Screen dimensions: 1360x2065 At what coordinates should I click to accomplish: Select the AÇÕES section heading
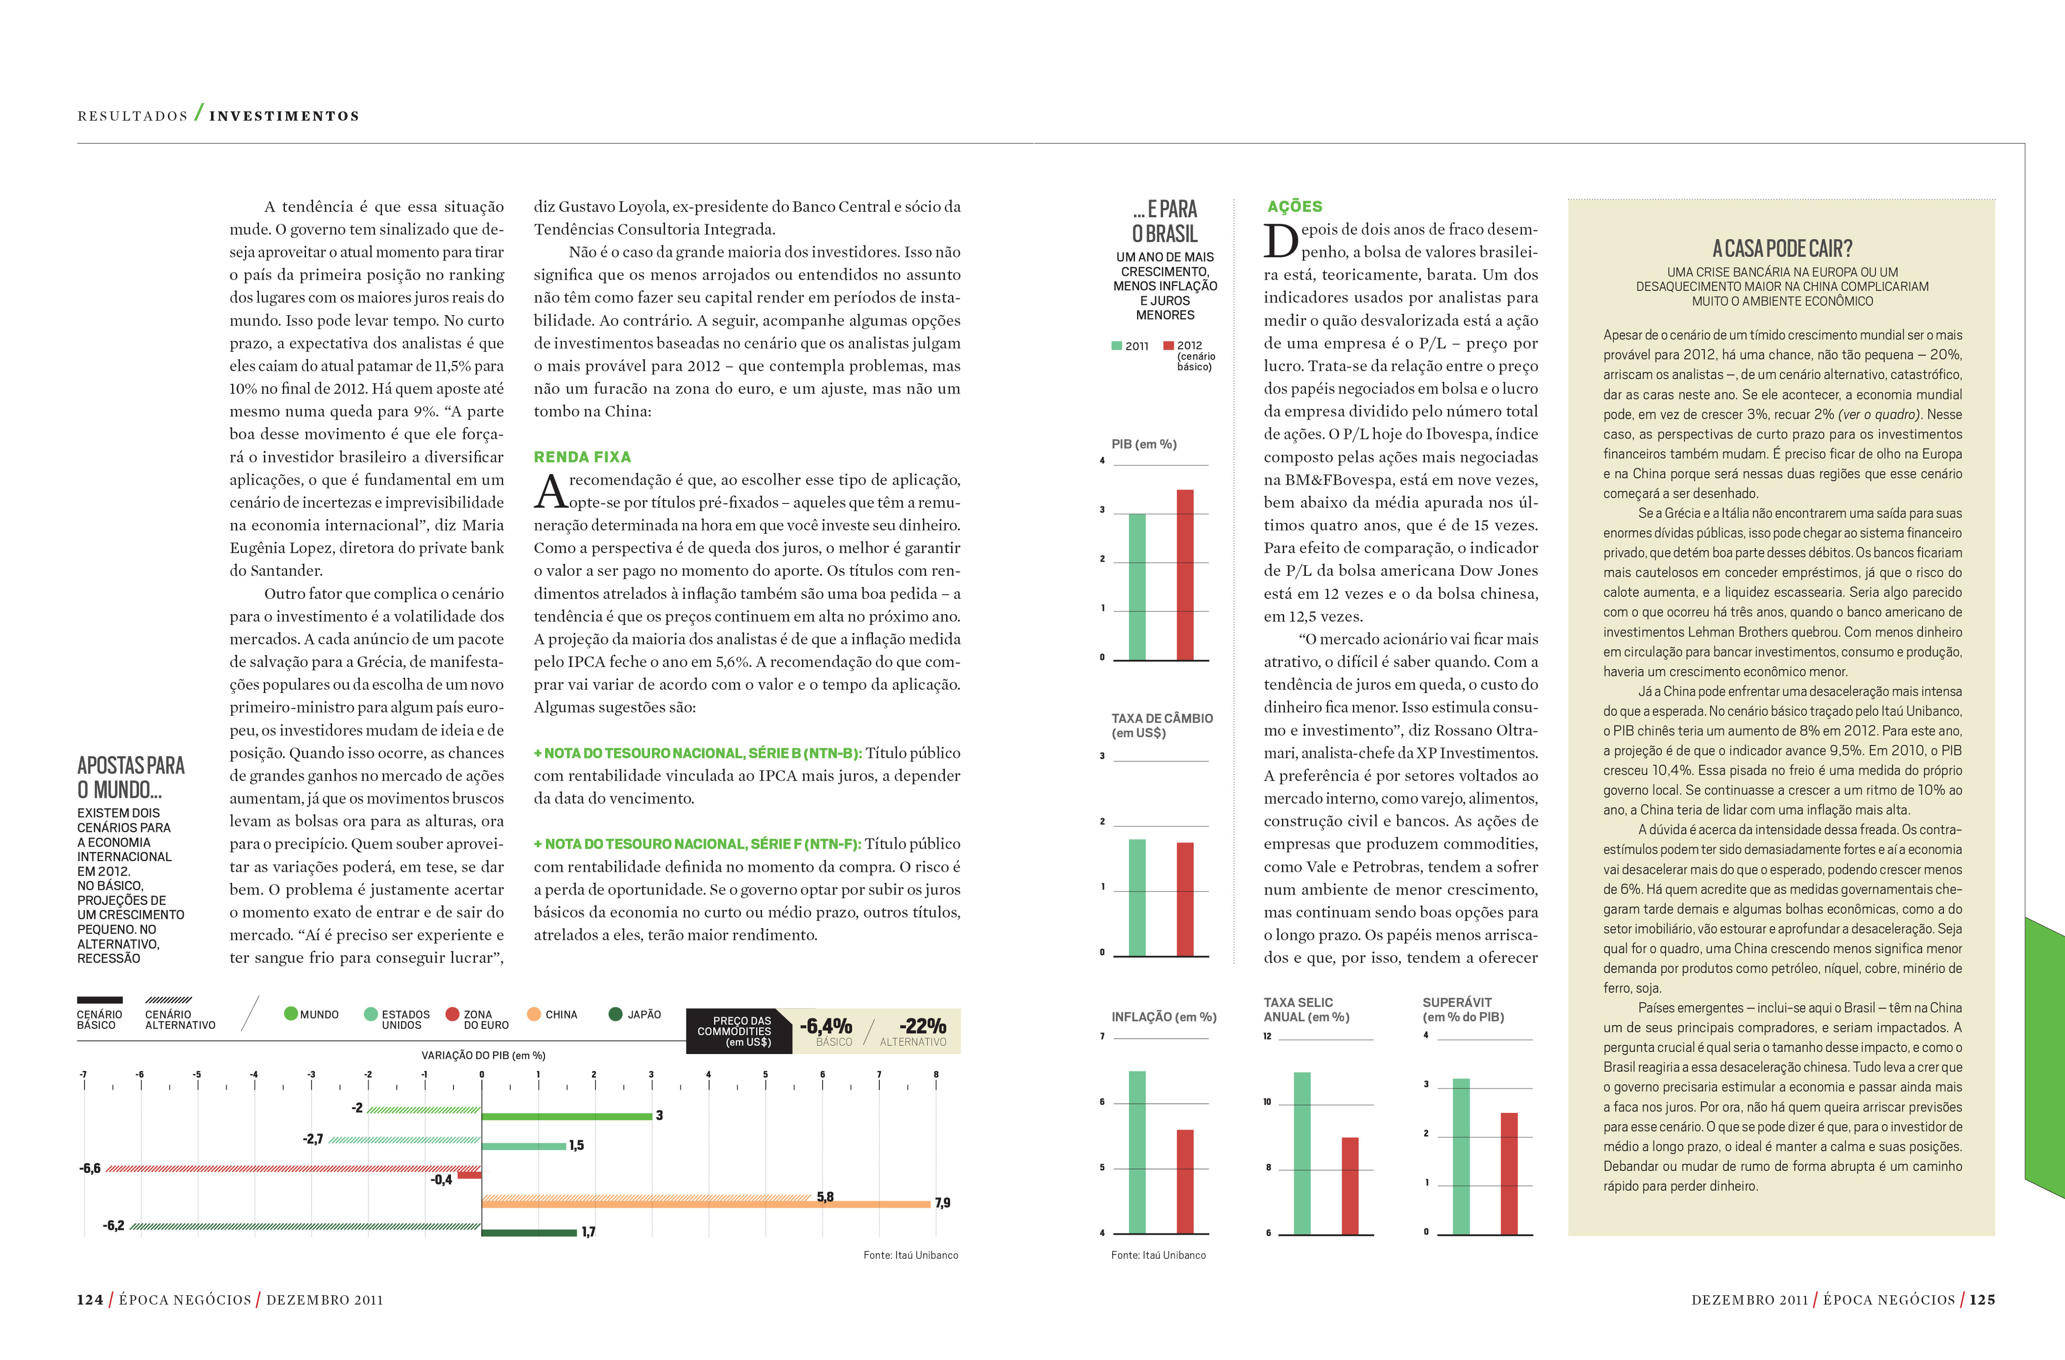[1294, 206]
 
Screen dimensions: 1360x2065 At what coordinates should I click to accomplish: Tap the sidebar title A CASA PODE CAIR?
[1782, 249]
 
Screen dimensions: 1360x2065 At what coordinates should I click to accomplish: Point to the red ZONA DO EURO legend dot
[452, 1014]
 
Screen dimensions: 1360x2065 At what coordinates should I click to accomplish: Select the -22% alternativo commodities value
[922, 1027]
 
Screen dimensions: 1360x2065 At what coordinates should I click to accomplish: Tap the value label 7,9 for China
[942, 1203]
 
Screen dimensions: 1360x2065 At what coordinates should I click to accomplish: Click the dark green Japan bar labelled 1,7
[528, 1232]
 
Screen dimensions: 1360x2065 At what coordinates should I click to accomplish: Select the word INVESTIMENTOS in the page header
[285, 116]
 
